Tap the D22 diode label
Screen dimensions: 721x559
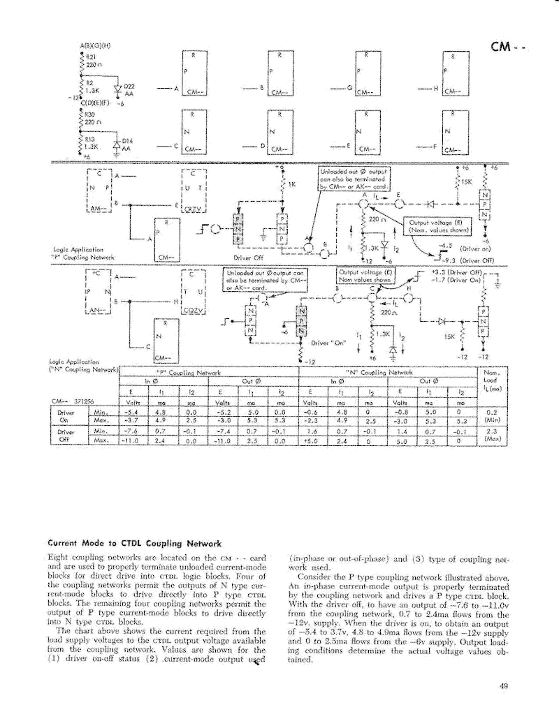(x=129, y=86)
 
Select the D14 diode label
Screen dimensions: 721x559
(x=127, y=141)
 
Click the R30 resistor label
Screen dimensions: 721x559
(x=90, y=113)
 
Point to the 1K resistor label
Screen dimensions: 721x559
(x=292, y=185)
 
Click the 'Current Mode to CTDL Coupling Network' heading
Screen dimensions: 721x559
(x=133, y=543)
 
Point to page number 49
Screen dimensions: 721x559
(x=504, y=686)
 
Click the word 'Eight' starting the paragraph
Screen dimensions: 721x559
(x=59, y=558)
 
